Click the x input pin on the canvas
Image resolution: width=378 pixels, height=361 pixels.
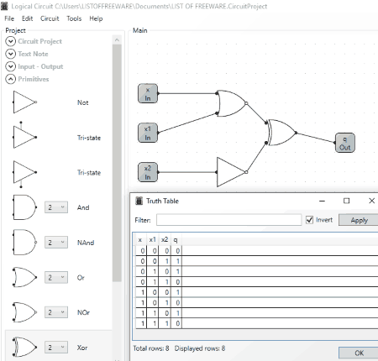click(x=148, y=93)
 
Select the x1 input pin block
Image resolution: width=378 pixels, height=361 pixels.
click(x=148, y=133)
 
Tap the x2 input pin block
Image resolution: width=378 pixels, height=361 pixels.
click(x=148, y=172)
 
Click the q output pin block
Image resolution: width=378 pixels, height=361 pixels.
click(x=345, y=143)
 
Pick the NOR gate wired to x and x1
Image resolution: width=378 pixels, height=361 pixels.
click(x=232, y=103)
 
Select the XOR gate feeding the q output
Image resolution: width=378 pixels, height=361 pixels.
click(x=281, y=133)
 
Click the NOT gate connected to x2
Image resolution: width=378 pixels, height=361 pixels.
click(x=232, y=172)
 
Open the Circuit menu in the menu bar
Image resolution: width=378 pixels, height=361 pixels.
click(x=50, y=18)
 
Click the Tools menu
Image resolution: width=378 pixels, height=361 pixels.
click(x=74, y=18)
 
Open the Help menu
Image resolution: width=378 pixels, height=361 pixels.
click(x=96, y=18)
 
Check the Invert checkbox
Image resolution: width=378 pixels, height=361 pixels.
click(x=309, y=220)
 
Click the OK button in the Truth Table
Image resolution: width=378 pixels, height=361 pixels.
click(x=359, y=353)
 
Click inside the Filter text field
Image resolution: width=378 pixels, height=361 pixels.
click(x=228, y=220)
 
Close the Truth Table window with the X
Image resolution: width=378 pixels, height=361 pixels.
click(x=371, y=201)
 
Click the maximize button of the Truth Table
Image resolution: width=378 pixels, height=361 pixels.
click(x=346, y=201)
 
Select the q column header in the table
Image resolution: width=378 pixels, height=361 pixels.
click(x=176, y=240)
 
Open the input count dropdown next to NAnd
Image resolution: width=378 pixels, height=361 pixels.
click(x=56, y=243)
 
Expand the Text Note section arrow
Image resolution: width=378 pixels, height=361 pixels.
click(x=11, y=54)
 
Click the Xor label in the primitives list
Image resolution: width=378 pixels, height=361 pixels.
click(x=82, y=348)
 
